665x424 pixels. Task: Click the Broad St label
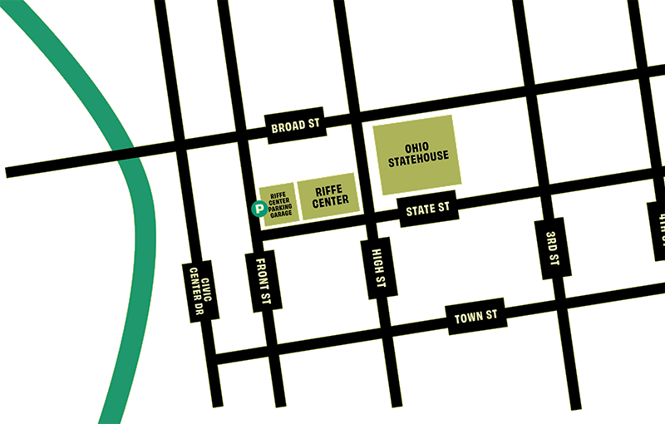tap(295, 126)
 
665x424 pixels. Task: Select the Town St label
tap(476, 316)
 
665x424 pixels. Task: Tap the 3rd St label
tap(553, 248)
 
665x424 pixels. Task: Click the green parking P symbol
tap(259, 209)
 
